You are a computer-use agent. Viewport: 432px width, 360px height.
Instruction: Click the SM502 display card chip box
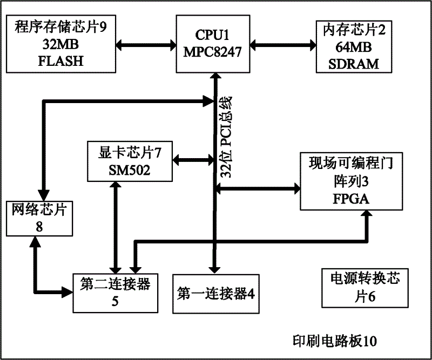click(129, 160)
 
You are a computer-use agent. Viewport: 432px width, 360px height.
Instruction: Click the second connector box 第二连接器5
click(115, 291)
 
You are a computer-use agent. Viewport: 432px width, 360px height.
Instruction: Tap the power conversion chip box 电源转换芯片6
click(359, 288)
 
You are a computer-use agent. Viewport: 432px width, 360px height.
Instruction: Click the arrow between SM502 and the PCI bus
click(193, 159)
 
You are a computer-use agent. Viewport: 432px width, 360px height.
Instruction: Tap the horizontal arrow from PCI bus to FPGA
click(258, 188)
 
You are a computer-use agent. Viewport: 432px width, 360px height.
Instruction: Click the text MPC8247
click(213, 53)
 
